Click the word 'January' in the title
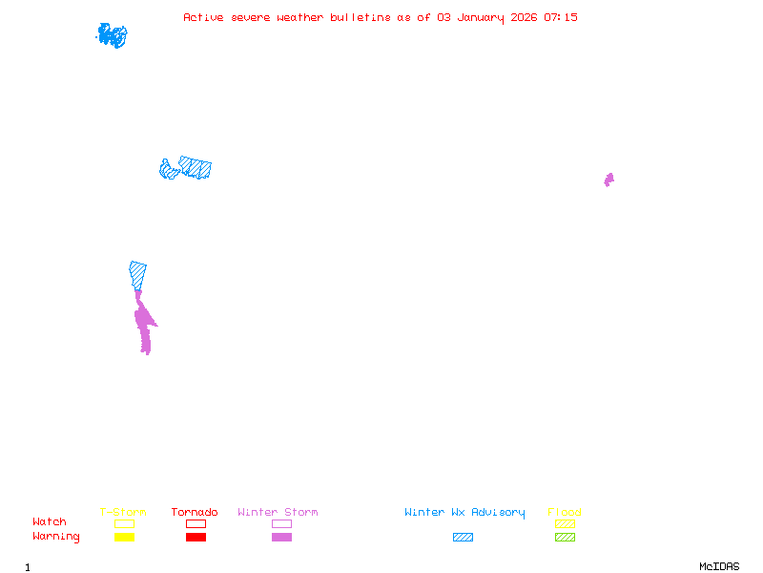click(481, 18)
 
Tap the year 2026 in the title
click(524, 17)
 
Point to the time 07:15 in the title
click(561, 17)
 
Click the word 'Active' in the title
click(203, 17)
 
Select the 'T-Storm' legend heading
click(123, 512)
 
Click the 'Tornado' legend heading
click(195, 512)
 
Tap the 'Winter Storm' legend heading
click(278, 512)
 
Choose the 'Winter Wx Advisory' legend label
click(464, 513)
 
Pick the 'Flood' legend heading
click(564, 512)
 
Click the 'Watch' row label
click(50, 521)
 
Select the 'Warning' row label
click(56, 537)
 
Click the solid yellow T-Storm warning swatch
click(125, 537)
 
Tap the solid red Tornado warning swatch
click(196, 537)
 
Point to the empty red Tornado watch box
click(196, 520)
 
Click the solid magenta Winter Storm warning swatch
click(281, 537)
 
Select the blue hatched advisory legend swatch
click(463, 537)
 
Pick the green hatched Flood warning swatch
click(565, 537)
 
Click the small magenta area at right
click(608, 180)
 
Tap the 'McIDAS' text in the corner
click(719, 566)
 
